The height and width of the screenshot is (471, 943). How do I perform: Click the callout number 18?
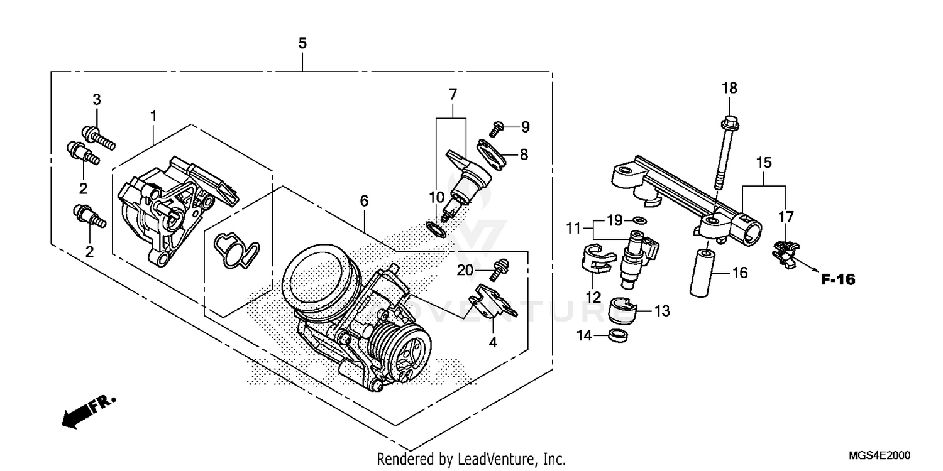pos(729,88)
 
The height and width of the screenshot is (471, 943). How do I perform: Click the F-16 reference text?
pos(838,279)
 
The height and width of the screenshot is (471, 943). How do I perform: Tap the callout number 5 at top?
pos(302,43)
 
